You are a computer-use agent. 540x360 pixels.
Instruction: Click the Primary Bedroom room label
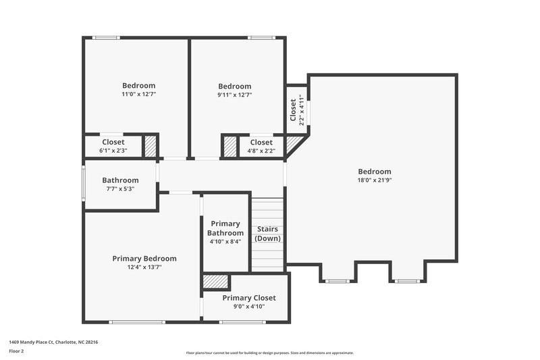(x=144, y=259)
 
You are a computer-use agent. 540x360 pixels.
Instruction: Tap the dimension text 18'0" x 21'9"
(x=374, y=180)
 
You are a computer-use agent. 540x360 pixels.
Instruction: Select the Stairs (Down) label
(x=268, y=234)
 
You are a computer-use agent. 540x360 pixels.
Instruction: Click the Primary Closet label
(x=249, y=298)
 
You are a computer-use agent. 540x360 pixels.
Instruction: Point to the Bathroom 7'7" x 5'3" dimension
(x=120, y=189)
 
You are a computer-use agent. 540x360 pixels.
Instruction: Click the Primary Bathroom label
(x=225, y=228)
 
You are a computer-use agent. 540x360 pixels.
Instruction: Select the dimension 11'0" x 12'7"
(x=138, y=95)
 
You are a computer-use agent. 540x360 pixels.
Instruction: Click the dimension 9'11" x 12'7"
(x=235, y=95)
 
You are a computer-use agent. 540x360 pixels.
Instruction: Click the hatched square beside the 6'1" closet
(x=151, y=146)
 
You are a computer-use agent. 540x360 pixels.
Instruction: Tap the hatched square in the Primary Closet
(x=216, y=282)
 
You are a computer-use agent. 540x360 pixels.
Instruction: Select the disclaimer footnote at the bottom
(x=270, y=353)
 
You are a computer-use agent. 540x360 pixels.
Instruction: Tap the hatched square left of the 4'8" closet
(x=230, y=146)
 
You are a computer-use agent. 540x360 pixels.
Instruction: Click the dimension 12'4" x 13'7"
(x=144, y=267)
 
